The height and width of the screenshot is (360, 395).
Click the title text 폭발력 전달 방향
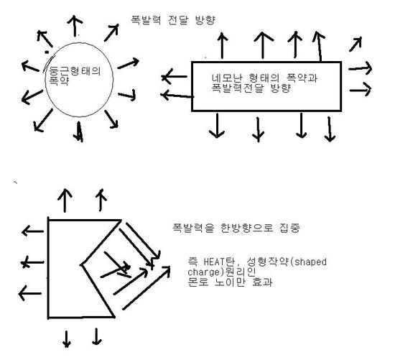[173, 20]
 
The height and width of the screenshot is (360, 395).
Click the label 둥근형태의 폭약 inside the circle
[75, 75]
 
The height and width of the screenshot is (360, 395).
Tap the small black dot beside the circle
[47, 52]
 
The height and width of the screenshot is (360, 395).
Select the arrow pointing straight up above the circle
[75, 26]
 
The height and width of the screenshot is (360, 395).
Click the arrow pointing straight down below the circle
[79, 131]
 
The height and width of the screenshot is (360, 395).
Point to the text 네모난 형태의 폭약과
[264, 78]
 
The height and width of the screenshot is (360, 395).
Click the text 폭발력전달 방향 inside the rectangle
[251, 88]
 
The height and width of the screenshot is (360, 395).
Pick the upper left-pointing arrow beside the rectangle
[175, 76]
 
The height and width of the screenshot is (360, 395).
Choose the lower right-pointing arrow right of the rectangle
[361, 90]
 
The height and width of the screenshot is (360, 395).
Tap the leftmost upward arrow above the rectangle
[222, 45]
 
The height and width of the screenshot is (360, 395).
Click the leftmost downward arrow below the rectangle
[217, 126]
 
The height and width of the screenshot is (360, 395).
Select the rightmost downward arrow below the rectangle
[330, 129]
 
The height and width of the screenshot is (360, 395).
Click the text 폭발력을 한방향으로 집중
[236, 228]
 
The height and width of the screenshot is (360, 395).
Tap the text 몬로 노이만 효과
[230, 282]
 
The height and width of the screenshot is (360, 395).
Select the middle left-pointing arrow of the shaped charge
[32, 262]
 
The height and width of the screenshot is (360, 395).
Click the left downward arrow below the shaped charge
[67, 339]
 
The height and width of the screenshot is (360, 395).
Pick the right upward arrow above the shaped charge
[101, 200]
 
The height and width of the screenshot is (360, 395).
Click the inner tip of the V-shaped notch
[81, 265]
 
